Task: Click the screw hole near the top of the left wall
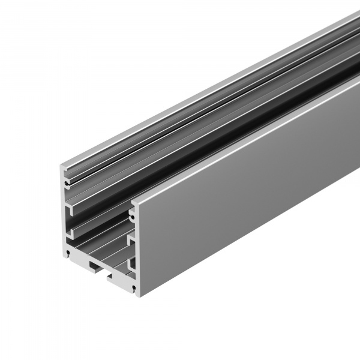click(65, 178)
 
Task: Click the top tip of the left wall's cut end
click(62, 163)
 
